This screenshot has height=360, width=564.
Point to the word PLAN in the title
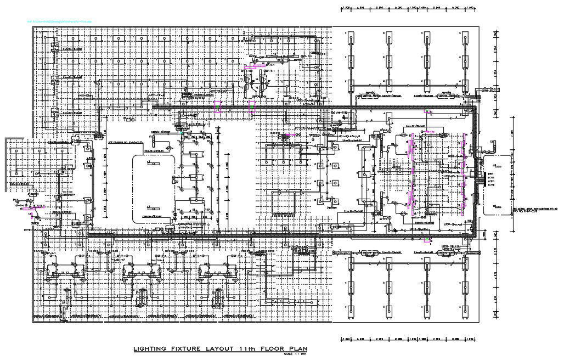click(x=295, y=349)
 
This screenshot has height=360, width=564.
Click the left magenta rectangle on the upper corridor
click(x=218, y=106)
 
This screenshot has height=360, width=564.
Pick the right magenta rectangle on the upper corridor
click(x=252, y=106)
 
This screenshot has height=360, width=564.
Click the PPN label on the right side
click(x=490, y=175)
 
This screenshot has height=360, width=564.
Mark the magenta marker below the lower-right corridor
click(x=427, y=239)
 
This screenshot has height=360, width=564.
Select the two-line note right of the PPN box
click(x=535, y=210)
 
